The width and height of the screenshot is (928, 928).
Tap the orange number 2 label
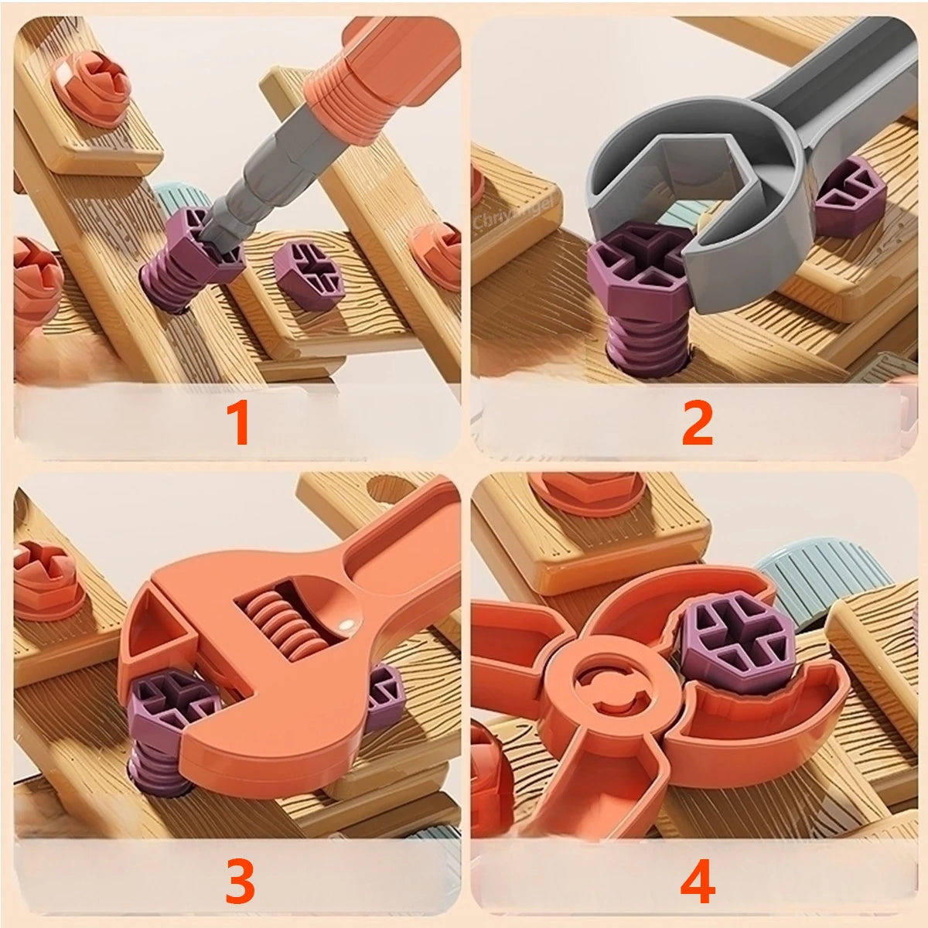(697, 422)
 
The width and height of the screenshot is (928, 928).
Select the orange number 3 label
(239, 881)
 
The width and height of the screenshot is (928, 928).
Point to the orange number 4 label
(698, 881)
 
